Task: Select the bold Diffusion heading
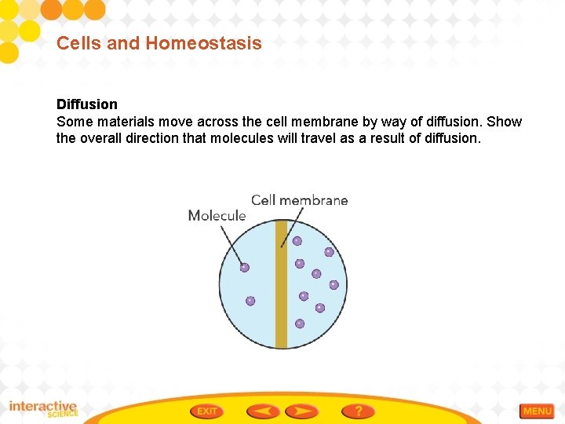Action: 87,104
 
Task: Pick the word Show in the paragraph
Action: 504,122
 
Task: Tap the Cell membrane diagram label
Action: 299,200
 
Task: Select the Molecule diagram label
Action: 217,215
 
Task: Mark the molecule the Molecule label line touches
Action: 244,268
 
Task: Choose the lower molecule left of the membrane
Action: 250,301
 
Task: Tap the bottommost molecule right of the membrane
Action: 300,323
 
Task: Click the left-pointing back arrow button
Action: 263,411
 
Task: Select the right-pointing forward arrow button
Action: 302,411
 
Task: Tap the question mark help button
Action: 358,411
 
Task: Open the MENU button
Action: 538,411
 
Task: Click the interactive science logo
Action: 43,409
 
